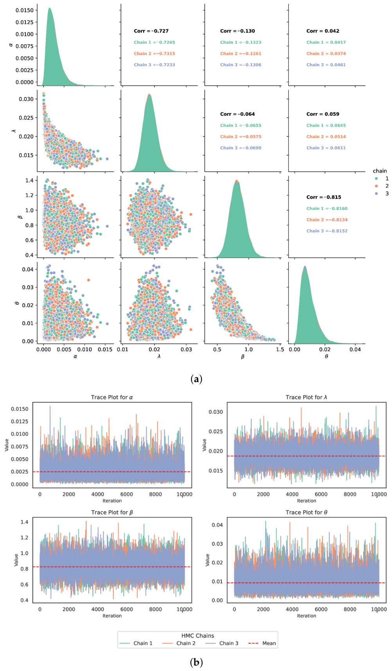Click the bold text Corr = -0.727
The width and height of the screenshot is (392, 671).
151,31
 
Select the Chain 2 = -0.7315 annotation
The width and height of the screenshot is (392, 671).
155,54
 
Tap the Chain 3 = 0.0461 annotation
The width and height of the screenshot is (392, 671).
326,65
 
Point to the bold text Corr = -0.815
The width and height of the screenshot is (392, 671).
324,197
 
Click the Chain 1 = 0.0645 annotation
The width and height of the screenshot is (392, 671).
326,126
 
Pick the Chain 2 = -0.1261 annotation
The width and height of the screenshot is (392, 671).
241,54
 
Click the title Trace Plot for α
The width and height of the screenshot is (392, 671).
112,397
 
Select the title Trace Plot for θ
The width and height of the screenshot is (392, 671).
306,512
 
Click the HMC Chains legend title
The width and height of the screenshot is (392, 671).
198,636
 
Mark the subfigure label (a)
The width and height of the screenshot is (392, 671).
196,379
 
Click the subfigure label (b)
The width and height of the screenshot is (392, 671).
196,662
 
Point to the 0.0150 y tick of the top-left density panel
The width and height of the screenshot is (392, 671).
25,10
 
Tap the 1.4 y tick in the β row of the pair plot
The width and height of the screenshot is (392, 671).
30,180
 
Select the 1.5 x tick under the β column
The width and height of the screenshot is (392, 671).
280,350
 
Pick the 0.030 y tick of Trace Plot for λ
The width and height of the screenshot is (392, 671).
216,412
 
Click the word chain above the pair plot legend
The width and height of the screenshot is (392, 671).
380,171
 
